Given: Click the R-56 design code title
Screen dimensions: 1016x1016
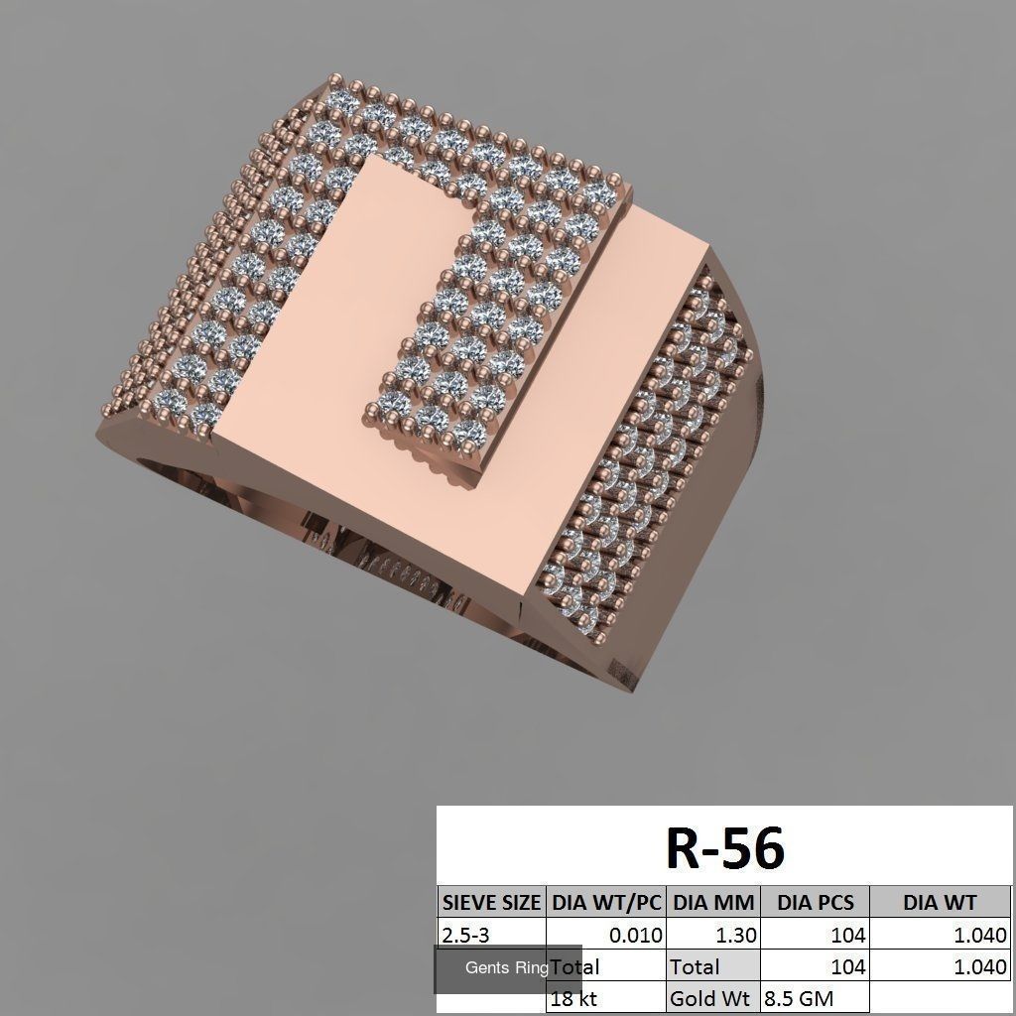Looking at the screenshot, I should [x=724, y=848].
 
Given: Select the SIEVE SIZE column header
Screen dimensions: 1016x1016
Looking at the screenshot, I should [x=491, y=902].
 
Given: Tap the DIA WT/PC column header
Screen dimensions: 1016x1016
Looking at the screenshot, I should [x=606, y=902].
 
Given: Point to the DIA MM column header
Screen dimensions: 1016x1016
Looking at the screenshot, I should [x=713, y=902].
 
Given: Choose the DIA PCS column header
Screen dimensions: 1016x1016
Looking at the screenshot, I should [x=815, y=902].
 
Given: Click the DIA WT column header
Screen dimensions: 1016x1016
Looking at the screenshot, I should [x=940, y=902].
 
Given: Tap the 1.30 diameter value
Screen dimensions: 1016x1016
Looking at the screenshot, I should [x=735, y=935].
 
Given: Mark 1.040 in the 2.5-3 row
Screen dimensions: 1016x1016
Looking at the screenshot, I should [x=980, y=935].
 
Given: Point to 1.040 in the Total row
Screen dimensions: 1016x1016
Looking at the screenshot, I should [x=980, y=966].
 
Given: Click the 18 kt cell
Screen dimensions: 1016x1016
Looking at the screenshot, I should [x=574, y=998].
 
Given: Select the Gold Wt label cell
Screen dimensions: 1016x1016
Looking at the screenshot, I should [x=709, y=998].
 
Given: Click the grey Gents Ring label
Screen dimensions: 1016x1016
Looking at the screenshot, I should [x=506, y=968].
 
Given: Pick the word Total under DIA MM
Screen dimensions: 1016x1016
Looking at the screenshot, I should [x=695, y=966].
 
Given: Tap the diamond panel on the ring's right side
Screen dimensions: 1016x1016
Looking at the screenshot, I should [x=645, y=456].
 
